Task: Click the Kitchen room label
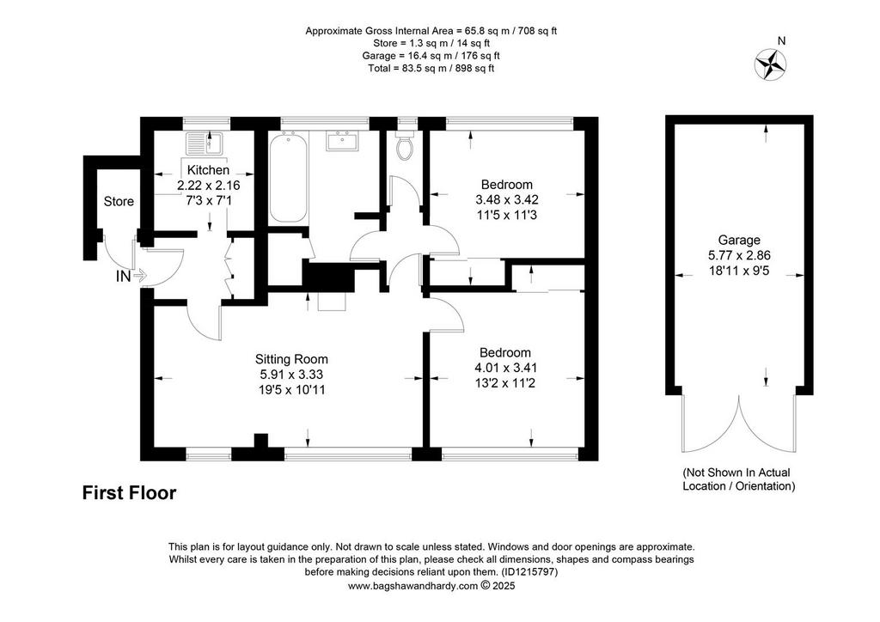(208, 170)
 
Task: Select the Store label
(119, 201)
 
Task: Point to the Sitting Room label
(291, 359)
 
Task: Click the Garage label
(739, 240)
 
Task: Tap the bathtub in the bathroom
(289, 177)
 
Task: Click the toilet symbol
(405, 145)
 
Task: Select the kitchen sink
(205, 143)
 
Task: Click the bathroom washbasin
(342, 141)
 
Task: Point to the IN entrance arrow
(140, 276)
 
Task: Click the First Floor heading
(129, 493)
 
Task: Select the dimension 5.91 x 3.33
(290, 374)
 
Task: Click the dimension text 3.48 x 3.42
(507, 199)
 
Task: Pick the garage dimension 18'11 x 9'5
(739, 271)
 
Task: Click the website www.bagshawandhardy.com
(412, 586)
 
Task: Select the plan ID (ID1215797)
(529, 573)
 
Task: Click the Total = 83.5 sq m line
(431, 69)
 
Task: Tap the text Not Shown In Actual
(736, 473)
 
